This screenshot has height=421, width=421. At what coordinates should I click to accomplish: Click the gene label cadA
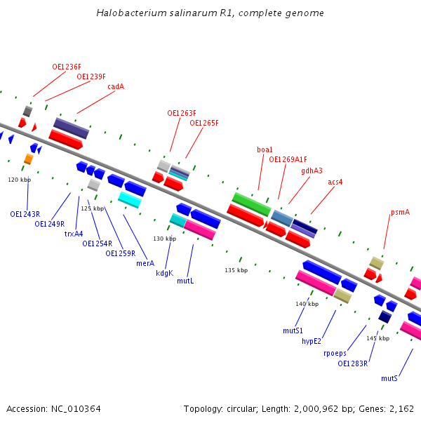click(x=116, y=87)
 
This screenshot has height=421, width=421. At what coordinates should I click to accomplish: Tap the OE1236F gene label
click(x=67, y=67)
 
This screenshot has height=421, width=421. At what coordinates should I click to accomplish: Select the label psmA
click(x=400, y=212)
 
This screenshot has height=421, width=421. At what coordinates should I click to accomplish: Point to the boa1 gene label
click(x=265, y=149)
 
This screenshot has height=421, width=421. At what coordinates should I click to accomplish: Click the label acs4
click(x=335, y=182)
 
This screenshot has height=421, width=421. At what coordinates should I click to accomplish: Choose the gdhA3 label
click(x=312, y=171)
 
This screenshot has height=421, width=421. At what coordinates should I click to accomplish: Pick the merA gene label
click(x=145, y=263)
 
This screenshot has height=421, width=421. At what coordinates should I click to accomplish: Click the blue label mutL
click(x=185, y=281)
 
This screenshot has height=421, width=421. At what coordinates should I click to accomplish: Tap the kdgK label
click(x=164, y=273)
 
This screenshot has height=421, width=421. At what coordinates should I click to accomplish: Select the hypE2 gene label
click(x=312, y=341)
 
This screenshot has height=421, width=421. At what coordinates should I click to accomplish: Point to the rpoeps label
click(x=335, y=353)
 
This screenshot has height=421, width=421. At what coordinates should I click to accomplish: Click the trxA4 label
click(x=74, y=234)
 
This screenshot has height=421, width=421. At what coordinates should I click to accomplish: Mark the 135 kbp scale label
click(x=236, y=270)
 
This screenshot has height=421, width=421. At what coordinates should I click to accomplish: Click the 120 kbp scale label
click(x=20, y=180)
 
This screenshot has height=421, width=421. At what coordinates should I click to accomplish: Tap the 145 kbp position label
click(x=377, y=338)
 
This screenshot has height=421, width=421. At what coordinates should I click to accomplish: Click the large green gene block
click(x=251, y=204)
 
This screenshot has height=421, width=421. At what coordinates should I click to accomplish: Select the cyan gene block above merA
click(x=130, y=200)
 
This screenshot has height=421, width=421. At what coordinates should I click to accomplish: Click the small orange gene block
click(x=28, y=159)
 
